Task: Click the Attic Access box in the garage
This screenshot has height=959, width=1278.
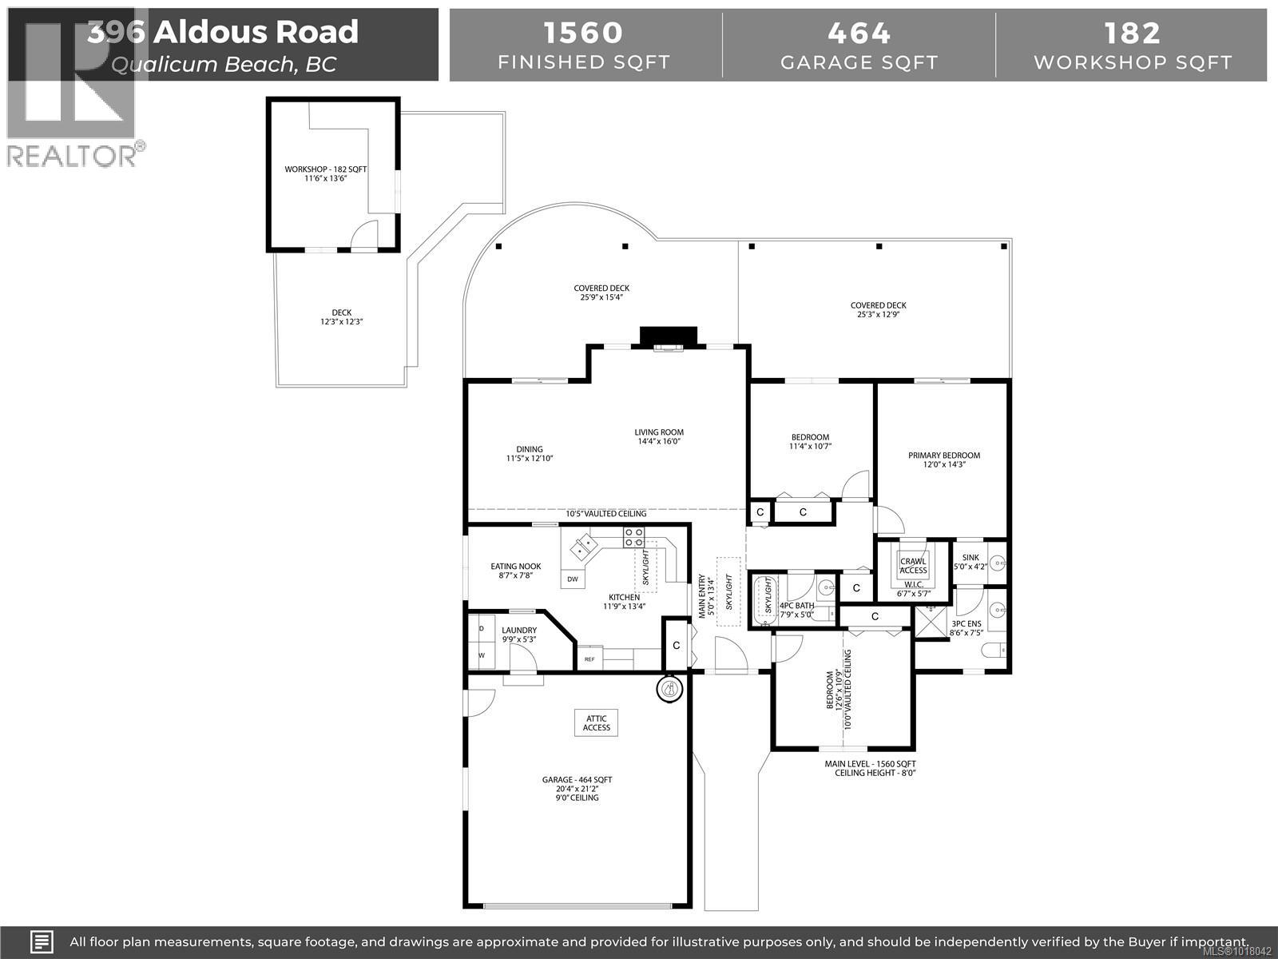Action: [x=596, y=722]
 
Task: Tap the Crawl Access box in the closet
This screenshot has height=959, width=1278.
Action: [x=913, y=565]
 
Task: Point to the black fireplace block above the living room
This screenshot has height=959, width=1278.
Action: [x=669, y=336]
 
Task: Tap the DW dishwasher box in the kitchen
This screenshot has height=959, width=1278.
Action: [x=573, y=579]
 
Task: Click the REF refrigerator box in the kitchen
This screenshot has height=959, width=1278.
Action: [x=590, y=659]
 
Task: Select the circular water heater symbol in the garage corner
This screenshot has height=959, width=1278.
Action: [x=670, y=688]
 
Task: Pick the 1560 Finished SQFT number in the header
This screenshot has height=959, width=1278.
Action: [x=583, y=34]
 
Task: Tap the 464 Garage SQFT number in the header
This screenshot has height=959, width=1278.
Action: [x=859, y=34]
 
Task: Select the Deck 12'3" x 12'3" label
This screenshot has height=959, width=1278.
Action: [x=341, y=317]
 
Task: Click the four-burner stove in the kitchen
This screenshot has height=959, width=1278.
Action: [x=633, y=536]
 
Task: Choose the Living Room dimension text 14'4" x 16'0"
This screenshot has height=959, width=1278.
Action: [x=660, y=442]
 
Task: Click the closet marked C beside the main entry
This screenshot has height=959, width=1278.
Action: [x=676, y=645]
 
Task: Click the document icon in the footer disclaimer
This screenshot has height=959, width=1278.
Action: [x=42, y=941]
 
